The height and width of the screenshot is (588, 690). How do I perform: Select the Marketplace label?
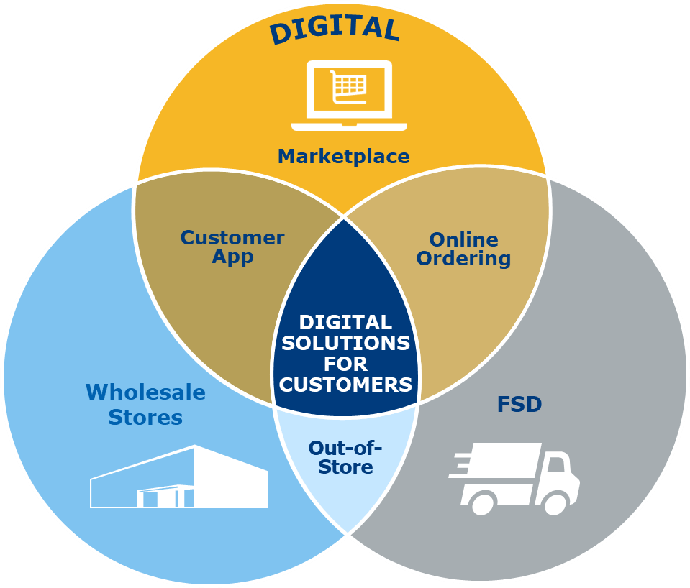pyautogui.click(x=344, y=156)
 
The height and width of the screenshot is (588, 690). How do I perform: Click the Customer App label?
pyautogui.click(x=232, y=247)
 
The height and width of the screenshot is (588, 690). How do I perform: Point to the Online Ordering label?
pyautogui.click(x=463, y=249)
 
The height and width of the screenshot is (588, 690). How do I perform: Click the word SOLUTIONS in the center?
pyautogui.click(x=347, y=343)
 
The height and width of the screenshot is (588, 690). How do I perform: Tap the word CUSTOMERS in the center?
pyautogui.click(x=346, y=385)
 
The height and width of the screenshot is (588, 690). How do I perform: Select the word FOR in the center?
pyautogui.click(x=346, y=364)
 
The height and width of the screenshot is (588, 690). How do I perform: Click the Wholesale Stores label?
pyautogui.click(x=145, y=404)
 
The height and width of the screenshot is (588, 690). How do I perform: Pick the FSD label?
pyautogui.click(x=519, y=404)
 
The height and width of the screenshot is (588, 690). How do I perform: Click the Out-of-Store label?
pyautogui.click(x=345, y=457)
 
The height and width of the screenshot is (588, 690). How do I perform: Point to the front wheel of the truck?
pyautogui.click(x=555, y=503)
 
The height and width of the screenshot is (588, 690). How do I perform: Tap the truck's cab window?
pyautogui.click(x=556, y=465)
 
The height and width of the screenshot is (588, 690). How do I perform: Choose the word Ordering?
pyautogui.click(x=463, y=259)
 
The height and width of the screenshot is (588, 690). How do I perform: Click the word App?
pyautogui.click(x=232, y=257)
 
